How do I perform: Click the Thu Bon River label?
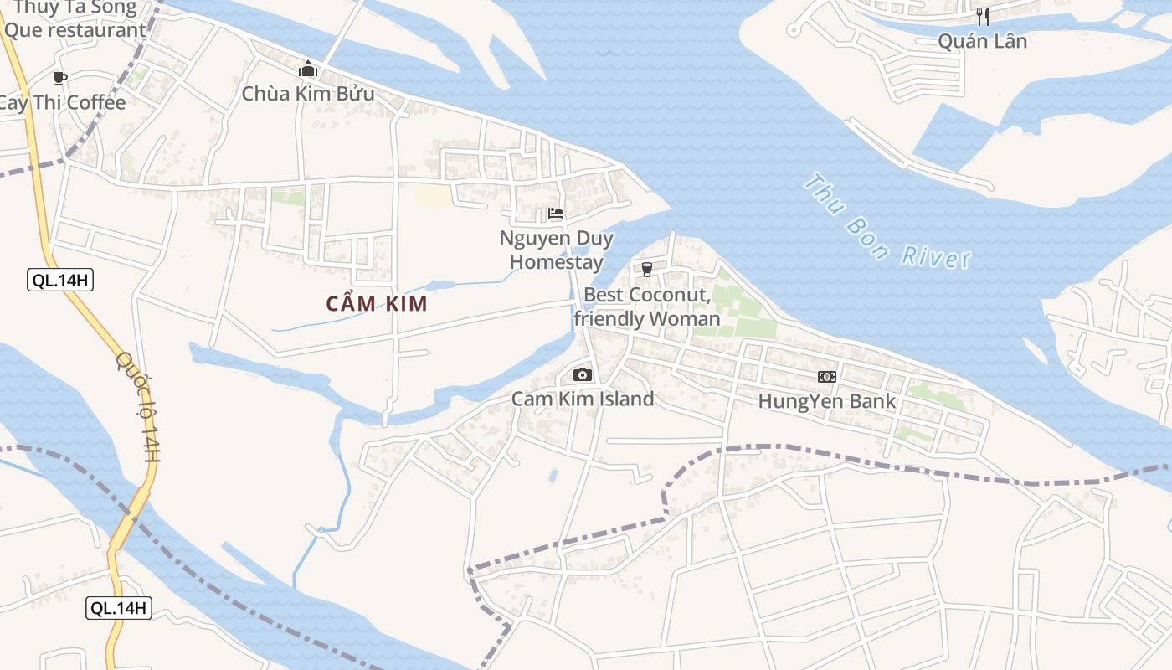[x=887, y=221]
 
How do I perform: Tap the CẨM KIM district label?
[x=377, y=304]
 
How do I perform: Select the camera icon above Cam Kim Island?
[x=583, y=374]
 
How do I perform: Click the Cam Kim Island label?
[x=583, y=399]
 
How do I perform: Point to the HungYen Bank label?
[x=826, y=401]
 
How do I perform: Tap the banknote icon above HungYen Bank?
[x=827, y=377]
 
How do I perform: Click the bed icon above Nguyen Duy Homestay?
[x=556, y=214]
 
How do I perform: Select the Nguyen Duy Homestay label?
[x=557, y=250]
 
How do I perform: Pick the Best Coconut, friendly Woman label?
[x=646, y=307]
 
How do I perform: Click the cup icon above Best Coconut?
[x=646, y=269]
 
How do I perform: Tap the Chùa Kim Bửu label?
[x=308, y=94]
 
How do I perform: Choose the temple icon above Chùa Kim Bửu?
[x=308, y=69]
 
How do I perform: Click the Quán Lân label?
[x=982, y=41]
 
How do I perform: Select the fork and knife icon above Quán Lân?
[x=983, y=16]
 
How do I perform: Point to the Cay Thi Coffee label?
[x=62, y=103]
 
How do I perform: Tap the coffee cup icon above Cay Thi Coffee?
[x=59, y=78]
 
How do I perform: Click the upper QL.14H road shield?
[x=60, y=280]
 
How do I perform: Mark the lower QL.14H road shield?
[x=119, y=608]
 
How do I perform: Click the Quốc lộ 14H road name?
[x=139, y=406]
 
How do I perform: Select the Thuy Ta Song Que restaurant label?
[x=74, y=20]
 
